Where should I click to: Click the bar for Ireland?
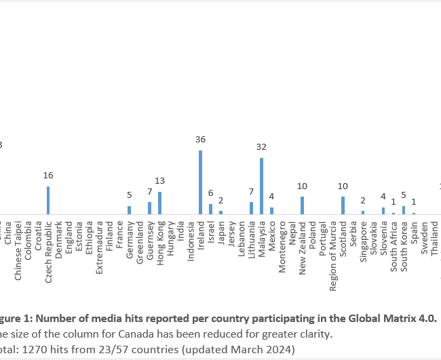[x=200, y=182]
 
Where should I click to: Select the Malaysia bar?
[x=261, y=186]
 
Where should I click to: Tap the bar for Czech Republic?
[x=48, y=200]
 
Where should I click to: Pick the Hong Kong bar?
[x=159, y=203]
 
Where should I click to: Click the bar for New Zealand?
[x=302, y=205]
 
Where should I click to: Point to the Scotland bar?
[x=343, y=205]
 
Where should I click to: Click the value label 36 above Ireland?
[x=200, y=140]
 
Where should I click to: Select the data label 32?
[x=261, y=146]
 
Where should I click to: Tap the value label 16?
[x=48, y=175]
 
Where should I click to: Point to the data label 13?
[x=159, y=180]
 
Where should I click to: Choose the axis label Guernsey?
[x=150, y=237]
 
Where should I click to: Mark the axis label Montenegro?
[x=282, y=245]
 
